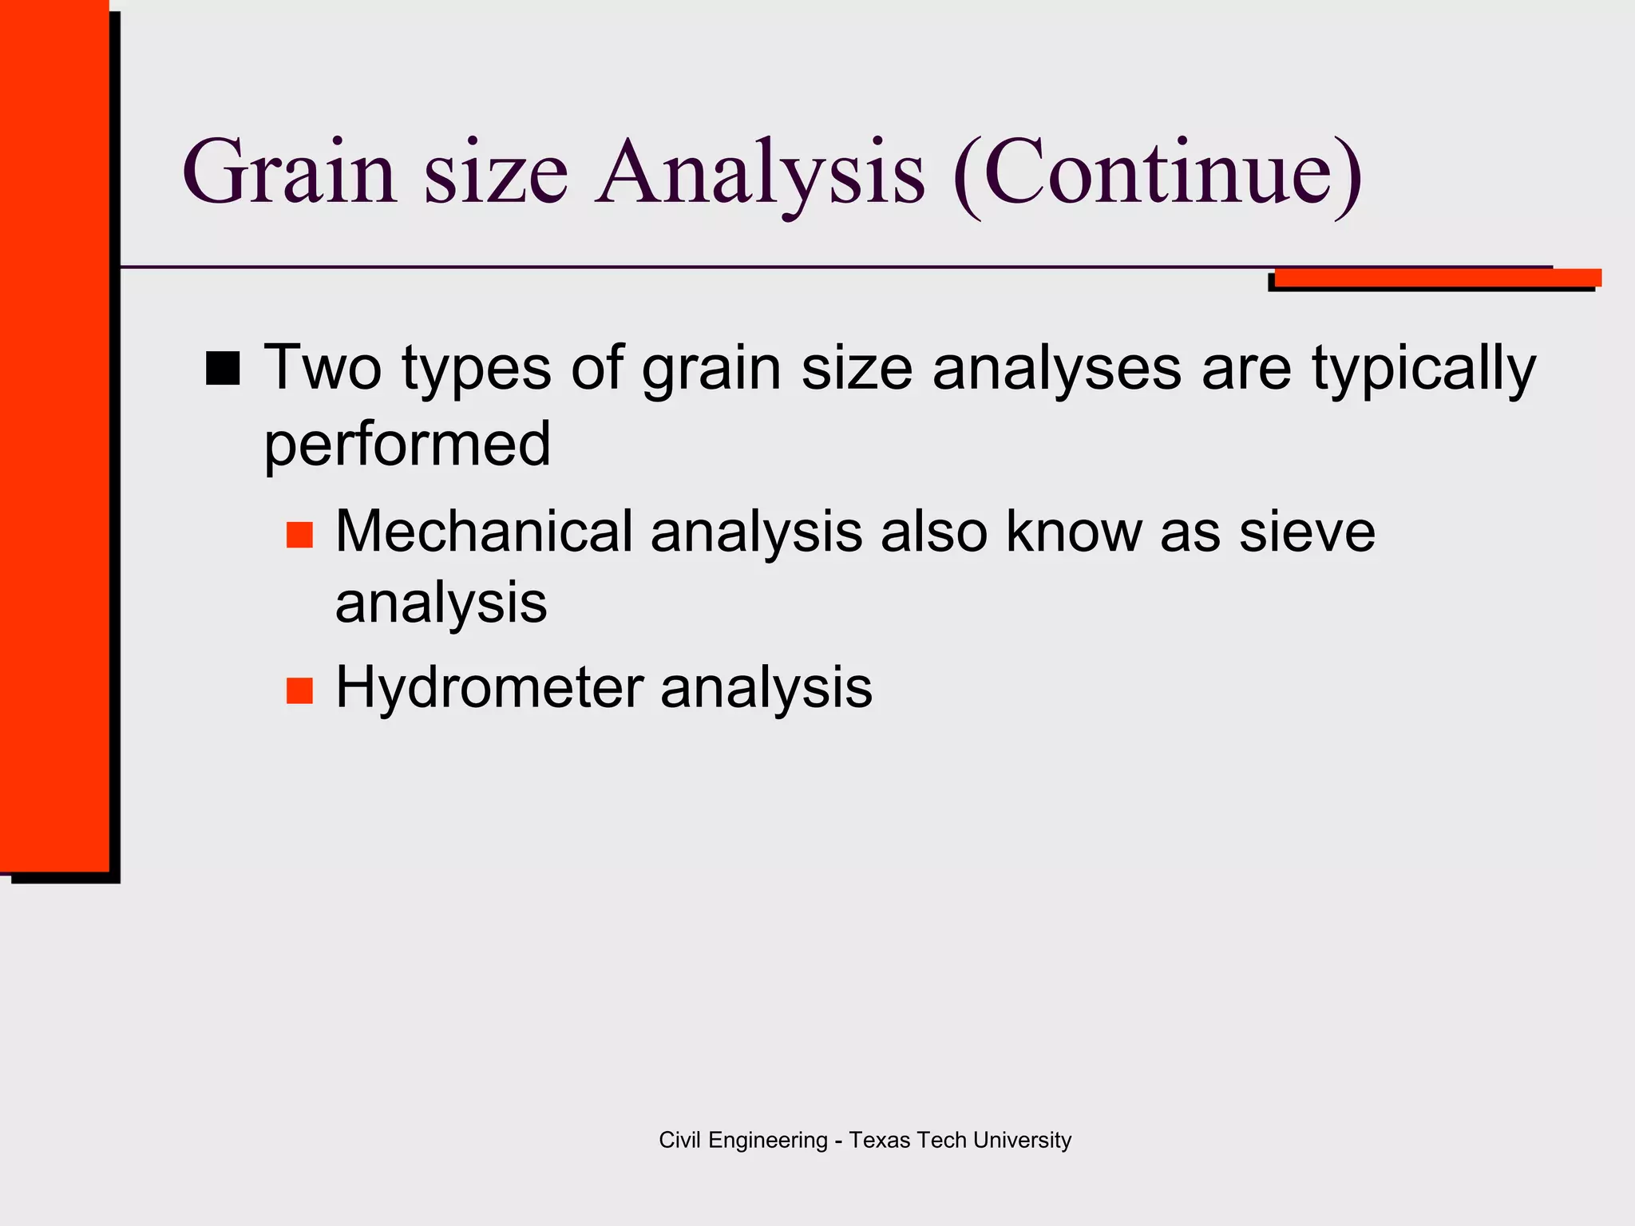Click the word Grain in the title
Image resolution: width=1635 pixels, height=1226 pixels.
click(x=289, y=172)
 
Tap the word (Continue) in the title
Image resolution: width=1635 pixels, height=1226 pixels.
click(x=1158, y=172)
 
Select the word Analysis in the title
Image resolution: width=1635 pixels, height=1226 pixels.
click(x=762, y=172)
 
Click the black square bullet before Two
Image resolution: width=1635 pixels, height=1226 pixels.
click(x=223, y=369)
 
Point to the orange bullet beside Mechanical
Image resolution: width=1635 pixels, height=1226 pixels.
click(x=299, y=535)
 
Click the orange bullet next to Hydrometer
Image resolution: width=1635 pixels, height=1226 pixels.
click(x=299, y=690)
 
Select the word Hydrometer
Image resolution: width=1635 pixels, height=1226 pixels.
click(x=489, y=688)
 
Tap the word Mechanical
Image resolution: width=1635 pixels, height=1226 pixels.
click(x=484, y=532)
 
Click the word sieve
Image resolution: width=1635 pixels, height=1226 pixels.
click(x=1307, y=532)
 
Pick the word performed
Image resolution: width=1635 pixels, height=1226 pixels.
click(x=407, y=444)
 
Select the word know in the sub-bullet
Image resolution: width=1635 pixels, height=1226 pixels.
click(x=1073, y=532)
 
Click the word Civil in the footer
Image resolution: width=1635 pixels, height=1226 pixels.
click(x=680, y=1140)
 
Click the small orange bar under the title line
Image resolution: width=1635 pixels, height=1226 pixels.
click(x=1437, y=277)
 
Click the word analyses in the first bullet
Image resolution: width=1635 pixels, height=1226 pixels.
click(x=1056, y=369)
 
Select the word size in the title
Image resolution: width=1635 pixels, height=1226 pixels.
click(x=496, y=172)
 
